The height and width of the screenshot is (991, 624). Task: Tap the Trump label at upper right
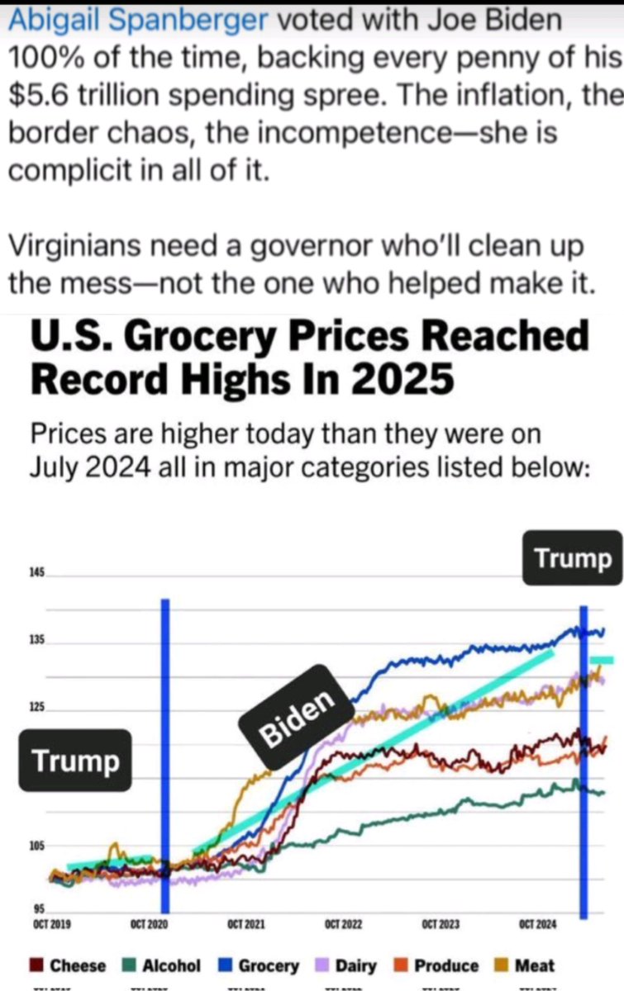point(572,559)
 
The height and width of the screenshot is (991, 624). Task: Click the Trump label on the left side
point(75,761)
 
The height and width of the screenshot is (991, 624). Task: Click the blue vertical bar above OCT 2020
point(164,743)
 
